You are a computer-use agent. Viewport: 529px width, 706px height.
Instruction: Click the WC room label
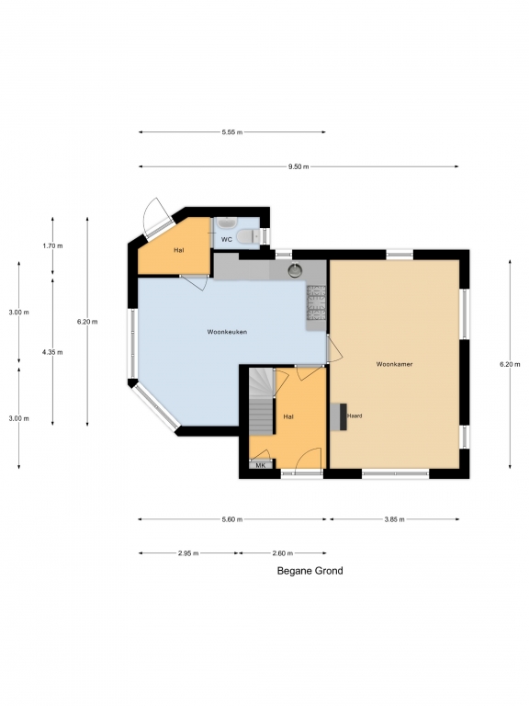click(226, 240)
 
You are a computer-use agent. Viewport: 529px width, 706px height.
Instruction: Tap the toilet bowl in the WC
click(247, 236)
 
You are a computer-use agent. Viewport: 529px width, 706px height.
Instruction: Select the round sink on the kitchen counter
click(295, 270)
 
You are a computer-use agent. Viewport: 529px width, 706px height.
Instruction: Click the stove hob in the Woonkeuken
click(316, 302)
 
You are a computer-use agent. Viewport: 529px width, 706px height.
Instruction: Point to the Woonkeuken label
click(227, 332)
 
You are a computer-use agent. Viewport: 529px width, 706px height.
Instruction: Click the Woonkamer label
click(395, 364)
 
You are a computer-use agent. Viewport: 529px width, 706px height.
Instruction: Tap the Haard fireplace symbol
click(339, 416)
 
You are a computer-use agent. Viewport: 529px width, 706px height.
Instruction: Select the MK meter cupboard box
click(261, 465)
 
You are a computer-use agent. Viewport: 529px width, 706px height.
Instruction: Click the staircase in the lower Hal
click(262, 401)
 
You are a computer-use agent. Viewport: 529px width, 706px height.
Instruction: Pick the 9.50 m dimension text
click(298, 166)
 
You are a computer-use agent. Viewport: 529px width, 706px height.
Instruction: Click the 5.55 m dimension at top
click(232, 132)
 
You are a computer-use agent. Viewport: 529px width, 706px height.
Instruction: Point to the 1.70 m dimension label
click(52, 245)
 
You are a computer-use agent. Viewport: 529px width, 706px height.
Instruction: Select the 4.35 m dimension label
click(52, 352)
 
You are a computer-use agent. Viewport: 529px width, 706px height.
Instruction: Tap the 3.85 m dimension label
click(395, 519)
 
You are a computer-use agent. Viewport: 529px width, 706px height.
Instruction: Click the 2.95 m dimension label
click(188, 553)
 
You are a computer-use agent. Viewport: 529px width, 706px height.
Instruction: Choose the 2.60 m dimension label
click(283, 553)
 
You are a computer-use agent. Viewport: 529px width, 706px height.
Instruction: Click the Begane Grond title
click(310, 571)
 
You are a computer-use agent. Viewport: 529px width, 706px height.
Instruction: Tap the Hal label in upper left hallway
click(179, 250)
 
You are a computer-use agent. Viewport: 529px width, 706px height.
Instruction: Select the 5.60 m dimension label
click(232, 519)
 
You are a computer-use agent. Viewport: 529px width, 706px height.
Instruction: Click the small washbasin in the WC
click(225, 222)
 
